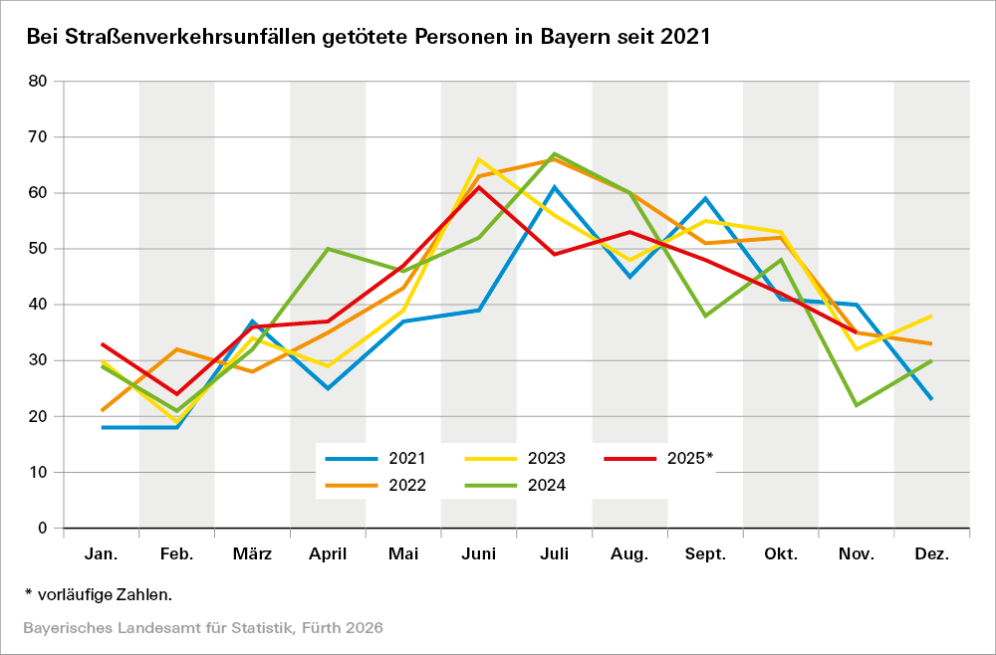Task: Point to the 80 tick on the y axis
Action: click(37, 82)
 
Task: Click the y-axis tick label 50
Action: click(37, 249)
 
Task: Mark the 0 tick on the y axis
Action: click(41, 528)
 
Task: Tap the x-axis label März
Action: click(252, 554)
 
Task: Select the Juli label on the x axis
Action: click(554, 554)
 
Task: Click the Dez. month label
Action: click(932, 554)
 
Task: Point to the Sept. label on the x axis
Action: click(705, 554)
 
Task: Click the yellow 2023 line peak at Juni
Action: click(479, 159)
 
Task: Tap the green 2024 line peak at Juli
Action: click(554, 153)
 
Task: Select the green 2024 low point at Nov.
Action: click(857, 405)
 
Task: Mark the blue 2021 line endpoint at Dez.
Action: click(932, 399)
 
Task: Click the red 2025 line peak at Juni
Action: click(479, 187)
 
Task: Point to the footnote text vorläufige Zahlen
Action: click(105, 594)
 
